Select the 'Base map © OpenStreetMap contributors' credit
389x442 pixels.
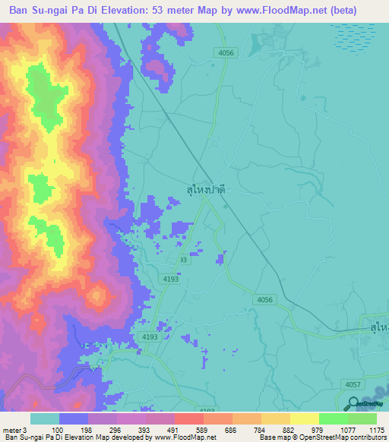(x=321, y=438)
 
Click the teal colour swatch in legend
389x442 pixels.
(x=45, y=418)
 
